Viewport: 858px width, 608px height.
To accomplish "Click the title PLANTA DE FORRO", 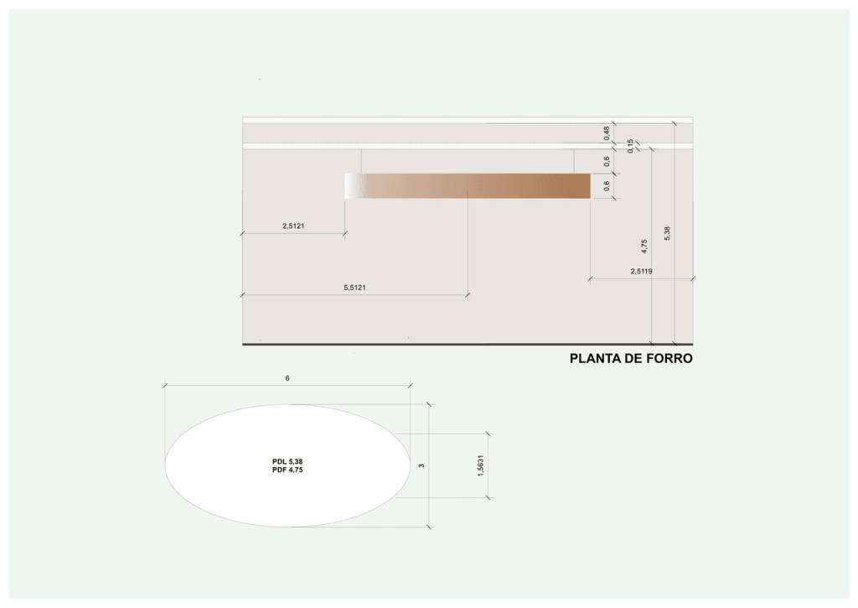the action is coord(631,358).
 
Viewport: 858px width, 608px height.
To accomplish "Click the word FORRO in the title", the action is coord(669,358).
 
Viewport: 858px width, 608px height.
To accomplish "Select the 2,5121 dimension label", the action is coord(293,226).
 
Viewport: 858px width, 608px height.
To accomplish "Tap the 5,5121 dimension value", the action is coord(354,288).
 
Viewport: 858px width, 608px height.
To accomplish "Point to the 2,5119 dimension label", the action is coord(641,271).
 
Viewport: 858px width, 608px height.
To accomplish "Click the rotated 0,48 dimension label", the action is coord(607,133).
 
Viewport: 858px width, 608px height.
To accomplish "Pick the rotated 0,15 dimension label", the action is coord(630,146).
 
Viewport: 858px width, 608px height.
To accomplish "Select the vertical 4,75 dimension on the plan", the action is coord(644,246).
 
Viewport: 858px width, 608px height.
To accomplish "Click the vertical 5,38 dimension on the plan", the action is coord(667,233).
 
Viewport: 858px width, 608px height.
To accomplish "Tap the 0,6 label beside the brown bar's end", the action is coord(607,186).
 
